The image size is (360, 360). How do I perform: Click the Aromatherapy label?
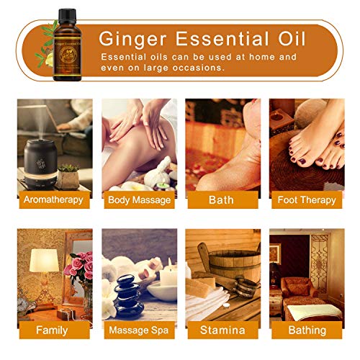pyautogui.click(x=53, y=199)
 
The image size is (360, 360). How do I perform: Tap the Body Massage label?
pyautogui.click(x=139, y=199)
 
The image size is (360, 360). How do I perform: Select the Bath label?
pyautogui.click(x=220, y=199)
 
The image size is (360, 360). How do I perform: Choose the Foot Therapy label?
pyautogui.click(x=306, y=199)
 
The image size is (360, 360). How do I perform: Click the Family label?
pyautogui.click(x=53, y=330)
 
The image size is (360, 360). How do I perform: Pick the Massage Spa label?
pyautogui.click(x=139, y=330)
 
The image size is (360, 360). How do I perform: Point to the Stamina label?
pyautogui.click(x=220, y=330)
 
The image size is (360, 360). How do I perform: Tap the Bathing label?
pyautogui.click(x=306, y=330)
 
